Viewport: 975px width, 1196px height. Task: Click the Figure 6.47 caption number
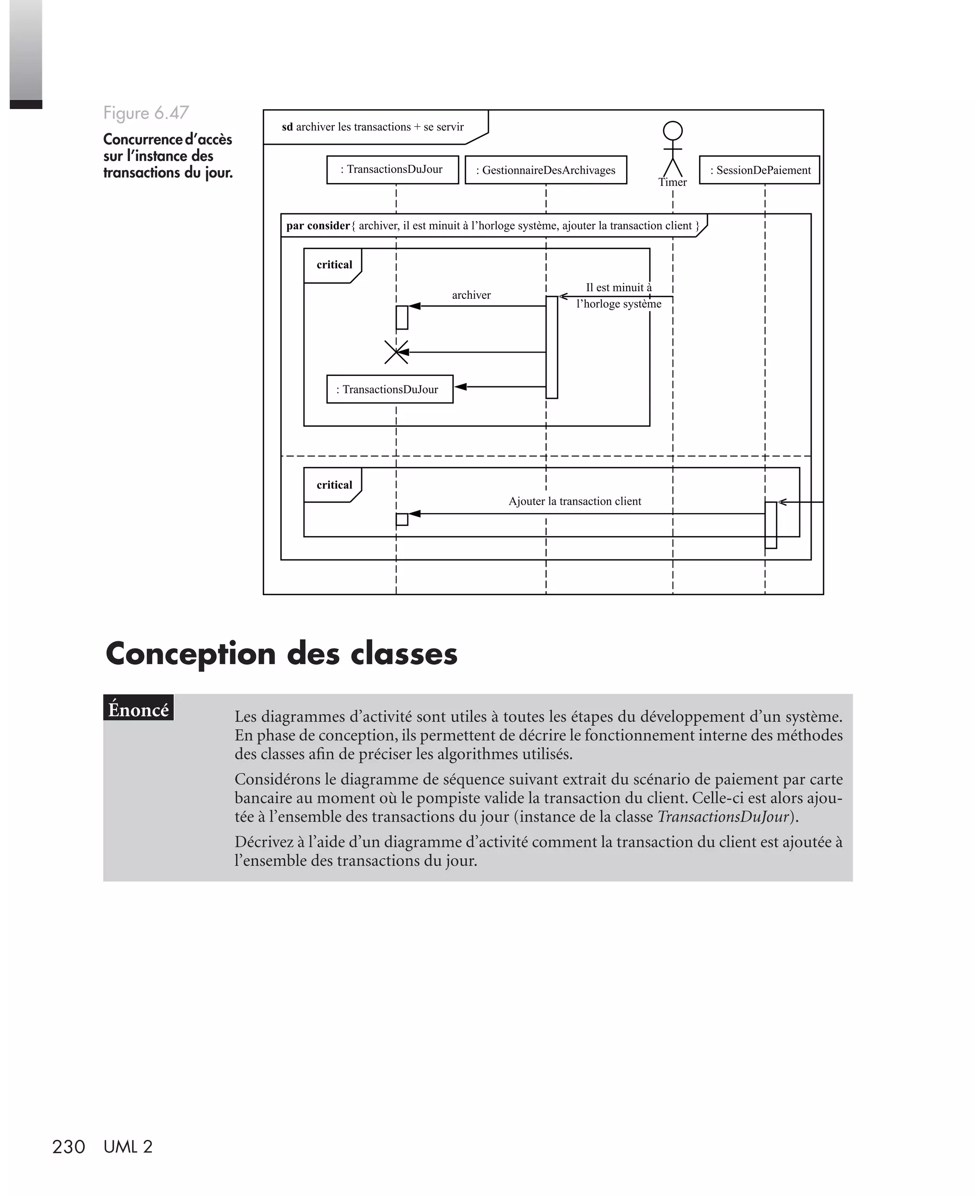[x=146, y=113]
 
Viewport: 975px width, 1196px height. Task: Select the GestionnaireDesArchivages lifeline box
[x=546, y=170]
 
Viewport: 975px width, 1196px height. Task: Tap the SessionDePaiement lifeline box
[x=759, y=170]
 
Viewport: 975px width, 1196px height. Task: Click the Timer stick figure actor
[x=672, y=150]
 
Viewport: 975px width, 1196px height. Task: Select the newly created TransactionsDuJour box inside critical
[x=390, y=389]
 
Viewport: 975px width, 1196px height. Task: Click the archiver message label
[x=471, y=295]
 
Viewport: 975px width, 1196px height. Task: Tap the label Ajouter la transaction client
[x=575, y=501]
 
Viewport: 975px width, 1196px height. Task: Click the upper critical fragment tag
[x=334, y=265]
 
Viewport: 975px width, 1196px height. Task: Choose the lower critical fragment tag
[x=334, y=485]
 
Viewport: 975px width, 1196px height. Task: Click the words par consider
[x=318, y=226]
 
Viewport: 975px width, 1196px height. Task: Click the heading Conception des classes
[x=281, y=654]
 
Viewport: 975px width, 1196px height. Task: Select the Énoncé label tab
[x=138, y=709]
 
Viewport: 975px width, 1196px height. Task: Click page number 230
[x=69, y=1146]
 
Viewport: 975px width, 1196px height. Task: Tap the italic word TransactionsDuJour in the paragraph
[x=723, y=816]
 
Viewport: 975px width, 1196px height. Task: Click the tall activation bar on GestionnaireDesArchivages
[x=551, y=347]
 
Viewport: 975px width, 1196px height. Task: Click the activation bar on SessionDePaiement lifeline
[x=771, y=525]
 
